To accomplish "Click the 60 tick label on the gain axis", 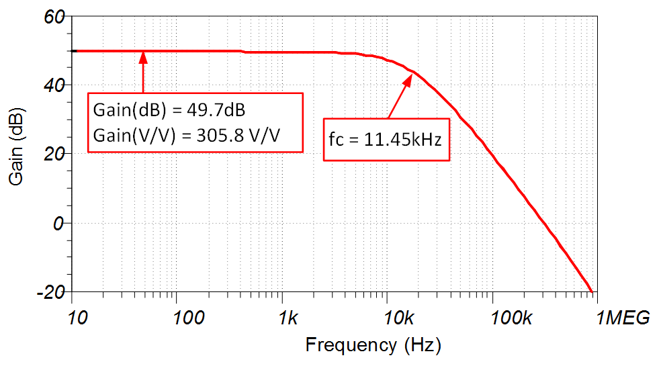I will click(x=54, y=16).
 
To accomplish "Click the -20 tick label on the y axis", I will click(x=51, y=293).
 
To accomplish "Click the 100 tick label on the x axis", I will click(x=178, y=319).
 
